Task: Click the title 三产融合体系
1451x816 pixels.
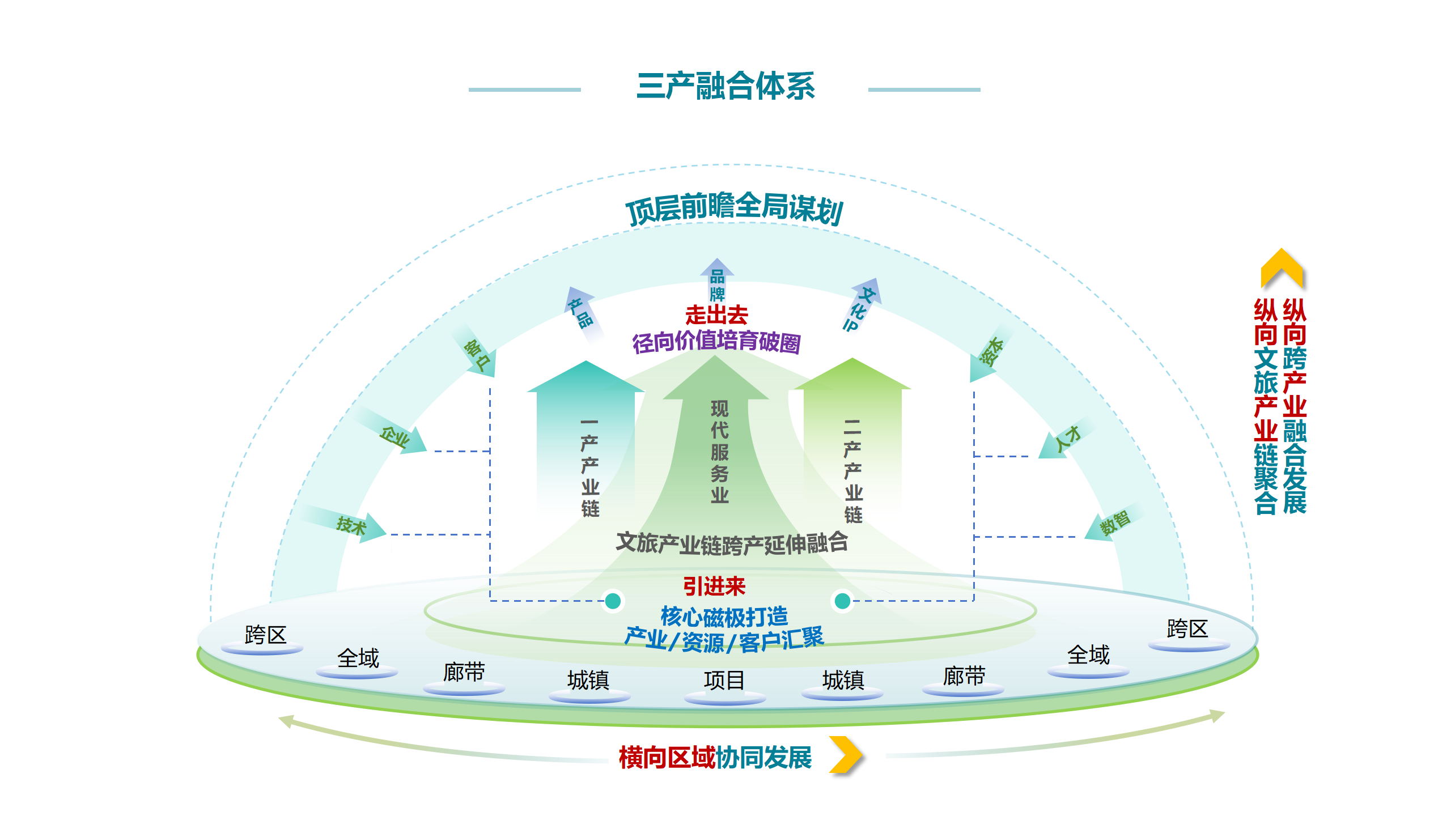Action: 725,87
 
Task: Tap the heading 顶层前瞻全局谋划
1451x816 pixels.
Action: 734,209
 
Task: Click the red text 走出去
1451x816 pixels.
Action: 716,315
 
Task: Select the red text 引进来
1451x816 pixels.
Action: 714,586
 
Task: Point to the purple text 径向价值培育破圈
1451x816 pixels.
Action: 716,342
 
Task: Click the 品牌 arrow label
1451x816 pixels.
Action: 717,284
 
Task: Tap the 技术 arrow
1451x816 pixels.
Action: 351,526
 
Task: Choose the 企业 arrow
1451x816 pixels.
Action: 395,437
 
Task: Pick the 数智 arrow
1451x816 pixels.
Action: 1114,523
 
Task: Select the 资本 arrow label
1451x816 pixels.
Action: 991,352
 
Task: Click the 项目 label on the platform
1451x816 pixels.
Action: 724,680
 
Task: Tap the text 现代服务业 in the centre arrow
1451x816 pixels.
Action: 719,452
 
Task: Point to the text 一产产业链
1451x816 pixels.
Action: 589,467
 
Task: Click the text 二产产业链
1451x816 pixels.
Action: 852,471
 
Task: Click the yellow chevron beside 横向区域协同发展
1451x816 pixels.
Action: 846,755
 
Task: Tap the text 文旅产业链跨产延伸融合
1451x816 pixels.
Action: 732,543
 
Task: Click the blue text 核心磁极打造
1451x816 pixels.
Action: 724,616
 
